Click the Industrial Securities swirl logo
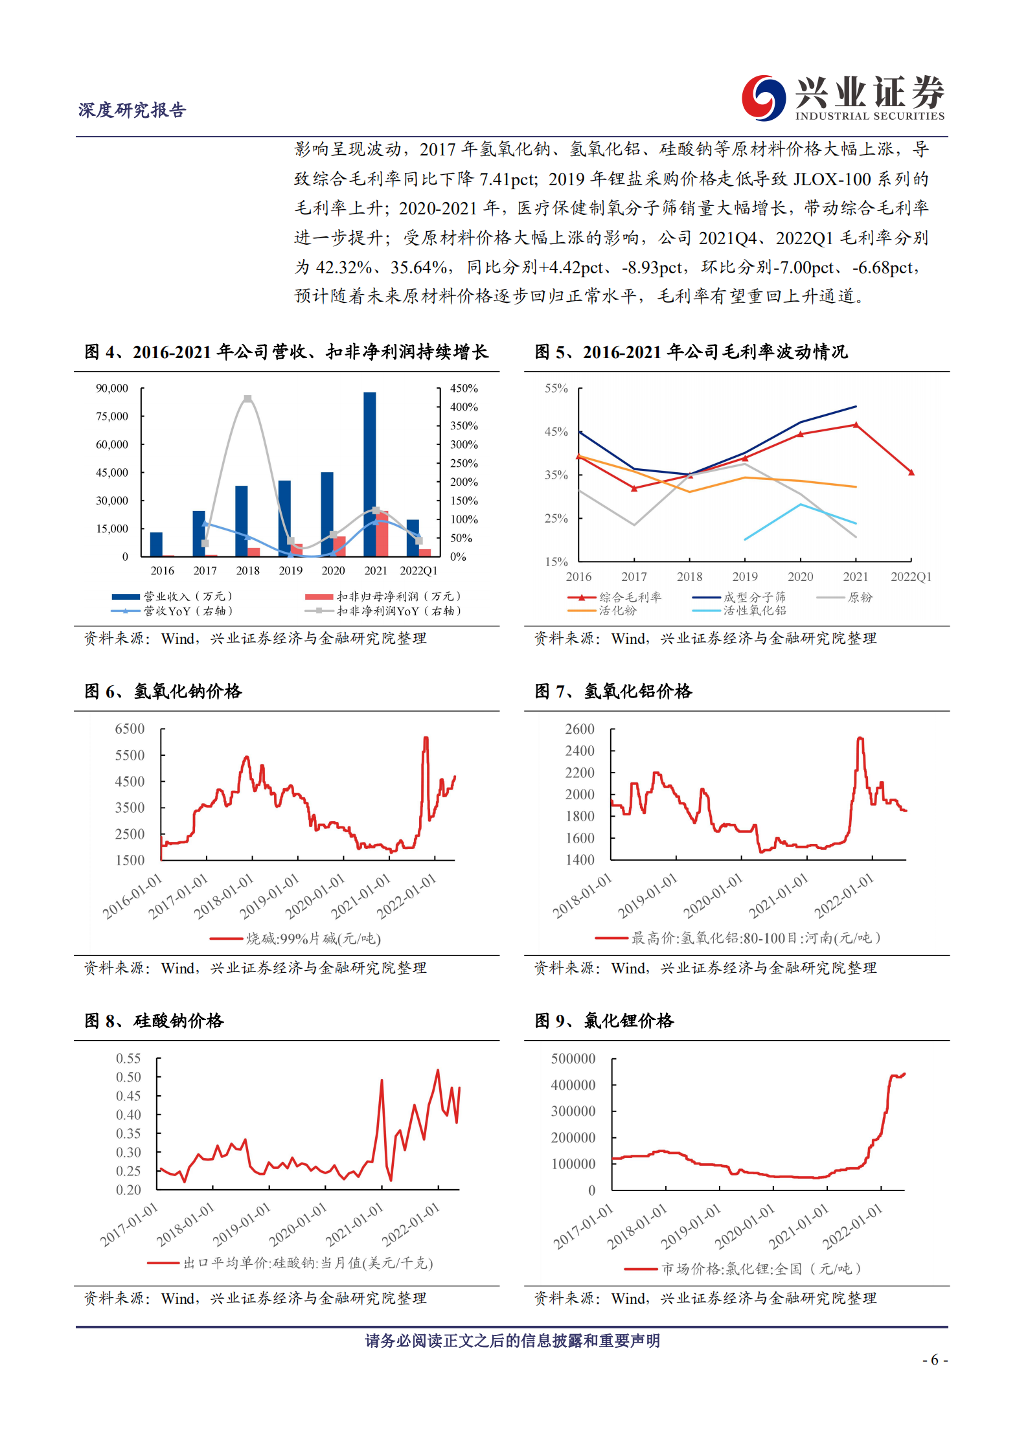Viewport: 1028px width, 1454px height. pyautogui.click(x=763, y=98)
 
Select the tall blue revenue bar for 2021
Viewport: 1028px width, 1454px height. pyautogui.click(x=369, y=474)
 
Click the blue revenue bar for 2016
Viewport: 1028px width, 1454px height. pyautogui.click(x=156, y=544)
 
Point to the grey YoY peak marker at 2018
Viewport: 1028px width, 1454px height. pyautogui.click(x=247, y=399)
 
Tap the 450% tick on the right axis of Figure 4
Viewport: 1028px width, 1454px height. pyautogui.click(x=464, y=389)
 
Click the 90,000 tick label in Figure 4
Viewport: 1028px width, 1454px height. pyautogui.click(x=112, y=389)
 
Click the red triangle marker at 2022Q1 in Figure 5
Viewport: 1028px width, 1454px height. pyautogui.click(x=911, y=473)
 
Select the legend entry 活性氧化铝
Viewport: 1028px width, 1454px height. pyautogui.click(x=755, y=610)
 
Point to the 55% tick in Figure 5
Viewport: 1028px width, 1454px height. pyautogui.click(x=556, y=389)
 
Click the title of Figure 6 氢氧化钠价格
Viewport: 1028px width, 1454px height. pyautogui.click(x=163, y=691)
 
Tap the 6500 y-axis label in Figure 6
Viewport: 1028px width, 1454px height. pyautogui.click(x=130, y=729)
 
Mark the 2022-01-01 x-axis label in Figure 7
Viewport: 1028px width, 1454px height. pyautogui.click(x=844, y=896)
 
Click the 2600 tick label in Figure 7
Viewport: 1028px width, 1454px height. pyautogui.click(x=580, y=729)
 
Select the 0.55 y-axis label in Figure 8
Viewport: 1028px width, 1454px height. pyautogui.click(x=128, y=1059)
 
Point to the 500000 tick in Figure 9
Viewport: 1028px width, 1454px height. pyautogui.click(x=573, y=1059)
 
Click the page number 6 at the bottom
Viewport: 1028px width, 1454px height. pyautogui.click(x=934, y=1360)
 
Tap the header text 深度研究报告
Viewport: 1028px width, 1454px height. pyautogui.click(x=132, y=110)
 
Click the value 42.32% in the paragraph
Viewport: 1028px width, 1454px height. pyautogui.click(x=343, y=267)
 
